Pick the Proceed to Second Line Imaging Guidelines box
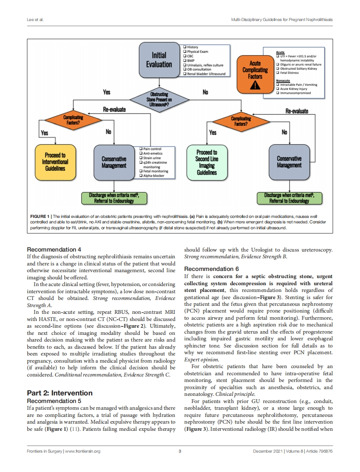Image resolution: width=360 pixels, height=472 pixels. (x=206, y=162)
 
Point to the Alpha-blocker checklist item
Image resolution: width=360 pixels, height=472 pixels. (x=154, y=176)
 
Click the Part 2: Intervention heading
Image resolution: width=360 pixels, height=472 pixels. (x=59, y=393)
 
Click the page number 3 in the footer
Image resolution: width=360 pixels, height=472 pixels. (x=180, y=451)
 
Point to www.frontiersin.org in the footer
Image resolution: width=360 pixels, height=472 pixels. (x=83, y=451)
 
